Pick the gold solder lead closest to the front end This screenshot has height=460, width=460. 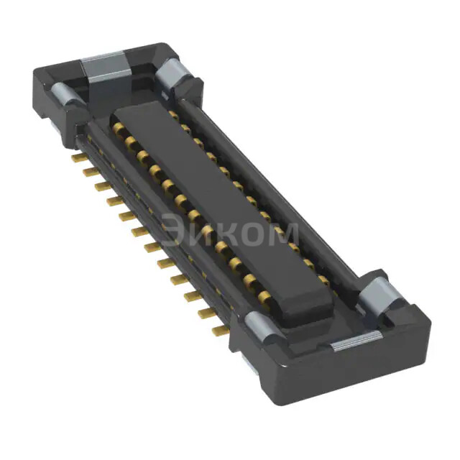pyautogui.click(x=218, y=331)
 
